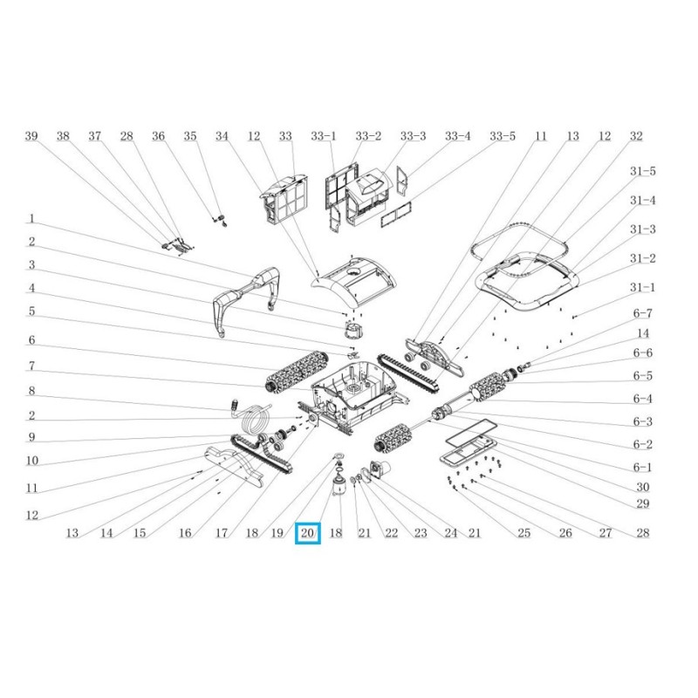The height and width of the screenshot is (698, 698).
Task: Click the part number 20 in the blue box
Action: (x=307, y=532)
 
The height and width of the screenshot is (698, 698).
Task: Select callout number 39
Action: (x=31, y=136)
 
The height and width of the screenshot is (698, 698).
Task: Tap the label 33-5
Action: (x=503, y=136)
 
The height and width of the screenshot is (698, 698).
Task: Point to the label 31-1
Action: (x=642, y=287)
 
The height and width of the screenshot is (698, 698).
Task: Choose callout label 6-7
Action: (x=642, y=313)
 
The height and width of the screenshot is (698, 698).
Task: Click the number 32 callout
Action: (x=636, y=136)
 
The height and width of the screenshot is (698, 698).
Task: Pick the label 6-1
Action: (x=642, y=467)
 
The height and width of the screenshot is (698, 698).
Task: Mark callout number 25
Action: (x=524, y=532)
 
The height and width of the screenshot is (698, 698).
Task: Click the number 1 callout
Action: (x=31, y=219)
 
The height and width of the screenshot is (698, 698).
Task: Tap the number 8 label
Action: (x=31, y=390)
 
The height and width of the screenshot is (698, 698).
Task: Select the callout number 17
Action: (x=222, y=532)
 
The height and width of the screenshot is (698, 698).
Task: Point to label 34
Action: (x=222, y=136)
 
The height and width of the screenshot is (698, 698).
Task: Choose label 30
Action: (x=642, y=487)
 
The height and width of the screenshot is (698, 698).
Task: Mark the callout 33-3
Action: (x=413, y=136)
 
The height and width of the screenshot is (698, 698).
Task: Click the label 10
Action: (x=32, y=461)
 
